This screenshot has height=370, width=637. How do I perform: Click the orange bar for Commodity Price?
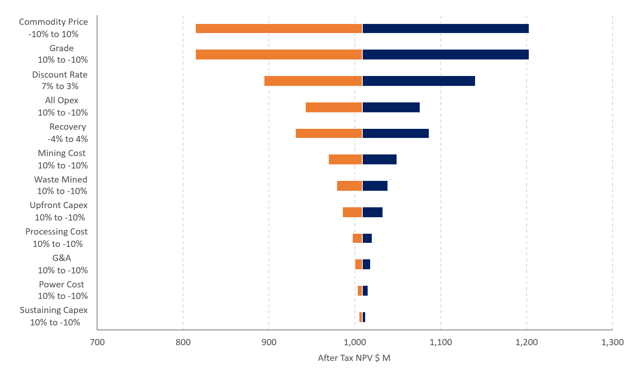(279, 28)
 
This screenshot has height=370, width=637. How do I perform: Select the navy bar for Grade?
(446, 55)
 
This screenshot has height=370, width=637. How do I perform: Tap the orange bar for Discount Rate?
(313, 81)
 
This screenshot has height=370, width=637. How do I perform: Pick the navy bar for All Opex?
(391, 107)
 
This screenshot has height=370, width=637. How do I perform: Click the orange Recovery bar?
(329, 133)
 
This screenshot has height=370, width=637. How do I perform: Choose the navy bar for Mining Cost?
(379, 159)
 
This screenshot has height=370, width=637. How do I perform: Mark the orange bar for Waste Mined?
(349, 186)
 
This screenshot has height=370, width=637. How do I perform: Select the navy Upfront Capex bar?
(373, 212)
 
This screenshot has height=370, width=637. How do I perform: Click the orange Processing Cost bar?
(357, 238)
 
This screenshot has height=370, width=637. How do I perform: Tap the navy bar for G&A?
(366, 264)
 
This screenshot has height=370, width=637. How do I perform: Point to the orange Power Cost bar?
(360, 291)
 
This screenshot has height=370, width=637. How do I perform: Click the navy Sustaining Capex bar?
(364, 317)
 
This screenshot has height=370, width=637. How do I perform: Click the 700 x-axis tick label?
(97, 342)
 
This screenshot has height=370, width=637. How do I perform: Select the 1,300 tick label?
(613, 342)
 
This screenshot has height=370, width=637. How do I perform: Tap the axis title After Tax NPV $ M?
(354, 358)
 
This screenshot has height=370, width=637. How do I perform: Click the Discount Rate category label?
(60, 74)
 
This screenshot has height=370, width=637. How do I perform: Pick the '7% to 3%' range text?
(60, 86)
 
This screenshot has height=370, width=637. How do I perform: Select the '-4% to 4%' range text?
(68, 139)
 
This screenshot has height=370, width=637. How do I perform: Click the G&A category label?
(62, 258)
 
